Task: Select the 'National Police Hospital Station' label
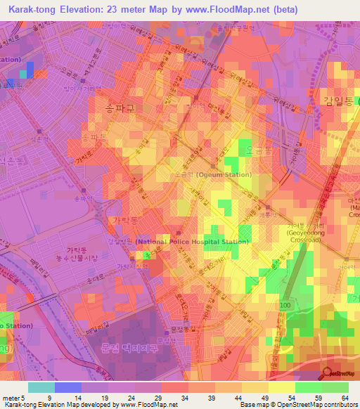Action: pyautogui.click(x=193, y=242)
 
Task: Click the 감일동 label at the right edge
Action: pyautogui.click(x=339, y=101)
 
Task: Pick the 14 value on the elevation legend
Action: pyautogui.click(x=82, y=398)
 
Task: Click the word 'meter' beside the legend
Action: pyautogui.click(x=12, y=398)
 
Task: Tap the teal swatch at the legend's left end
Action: pyautogui.click(x=41, y=387)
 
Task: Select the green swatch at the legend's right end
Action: pyautogui.click(x=335, y=387)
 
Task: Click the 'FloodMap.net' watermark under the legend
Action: pyautogui.click(x=157, y=405)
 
